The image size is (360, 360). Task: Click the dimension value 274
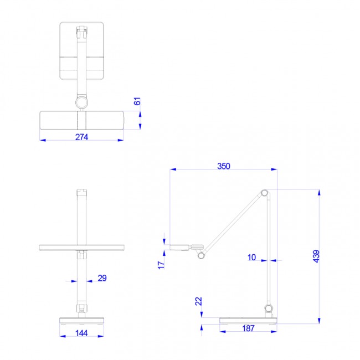[x=81, y=137]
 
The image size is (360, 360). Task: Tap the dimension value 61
[x=137, y=101]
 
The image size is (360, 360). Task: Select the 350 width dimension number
[x=224, y=166]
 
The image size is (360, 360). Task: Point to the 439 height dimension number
[x=316, y=256]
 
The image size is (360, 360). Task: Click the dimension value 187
[x=248, y=328]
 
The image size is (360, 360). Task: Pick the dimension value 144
[x=81, y=333]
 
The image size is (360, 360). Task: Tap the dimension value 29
[x=102, y=278]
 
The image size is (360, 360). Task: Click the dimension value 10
[x=251, y=258]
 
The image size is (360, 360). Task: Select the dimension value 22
[x=199, y=301]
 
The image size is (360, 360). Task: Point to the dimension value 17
[x=161, y=265]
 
